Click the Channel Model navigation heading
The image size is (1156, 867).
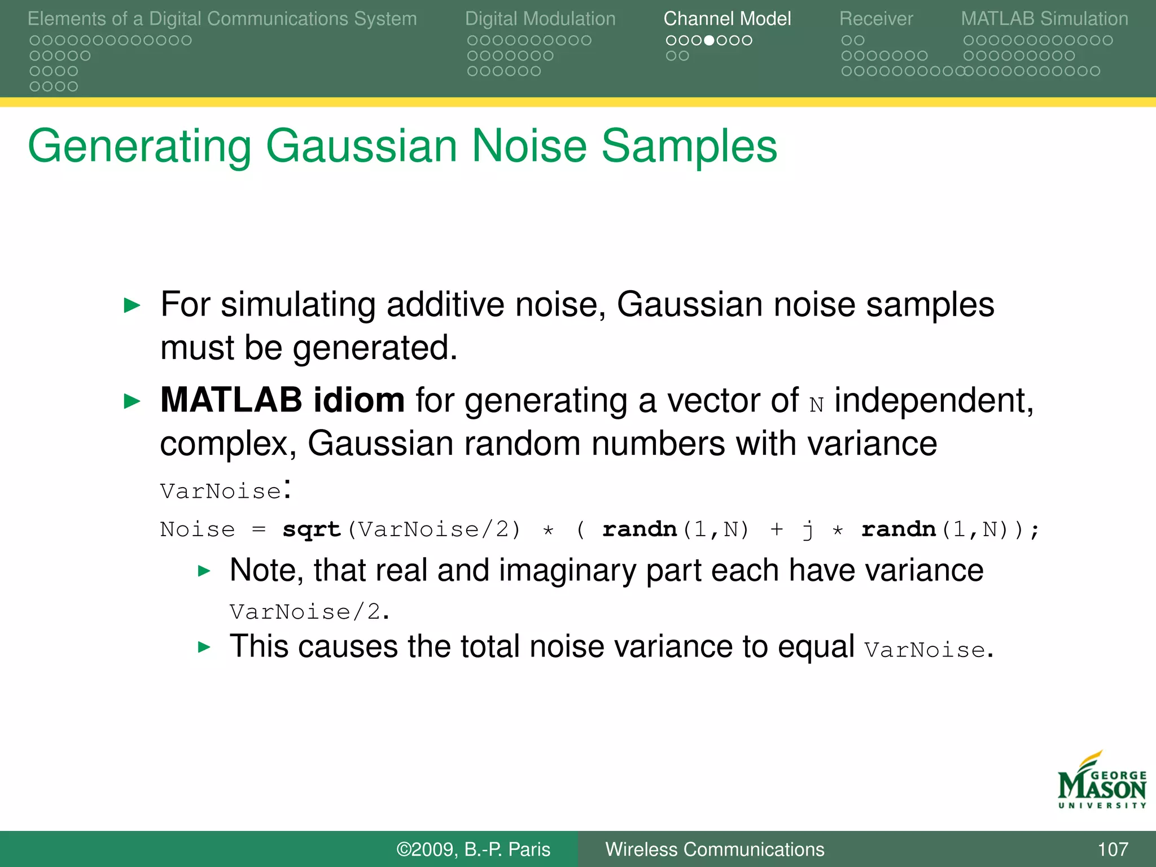pos(727,19)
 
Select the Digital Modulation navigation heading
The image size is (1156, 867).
pos(540,19)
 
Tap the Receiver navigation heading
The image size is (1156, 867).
pos(875,19)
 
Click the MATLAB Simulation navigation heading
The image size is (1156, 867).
pos(1044,19)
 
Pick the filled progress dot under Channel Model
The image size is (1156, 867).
pos(710,41)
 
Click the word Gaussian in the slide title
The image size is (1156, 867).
pos(361,146)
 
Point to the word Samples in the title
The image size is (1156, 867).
pos(689,146)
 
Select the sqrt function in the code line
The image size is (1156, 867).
pos(312,529)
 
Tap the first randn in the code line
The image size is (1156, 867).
pos(640,529)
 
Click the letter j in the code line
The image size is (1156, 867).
pos(808,529)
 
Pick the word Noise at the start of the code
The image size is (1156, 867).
pos(197,529)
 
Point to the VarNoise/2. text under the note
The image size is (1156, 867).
pos(309,612)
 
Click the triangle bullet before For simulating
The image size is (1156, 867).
pos(132,305)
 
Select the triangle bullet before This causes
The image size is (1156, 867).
pos(204,647)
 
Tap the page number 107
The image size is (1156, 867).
pos(1113,849)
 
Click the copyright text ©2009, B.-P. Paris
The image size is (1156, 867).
pos(473,849)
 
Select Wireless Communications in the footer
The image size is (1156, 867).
pos(715,849)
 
